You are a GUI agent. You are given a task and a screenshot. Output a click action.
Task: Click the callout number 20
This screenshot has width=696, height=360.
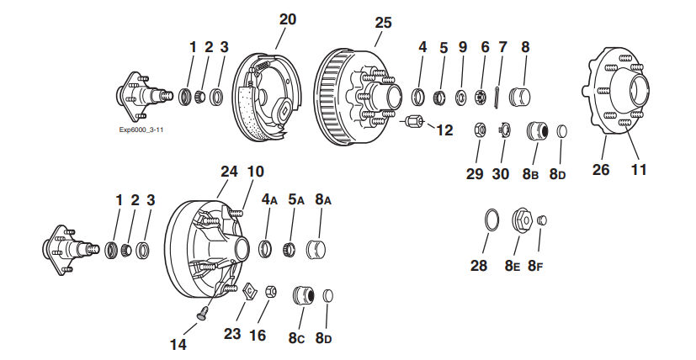pyautogui.click(x=288, y=19)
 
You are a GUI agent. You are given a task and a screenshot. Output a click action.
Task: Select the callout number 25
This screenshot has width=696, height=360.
pyautogui.click(x=383, y=23)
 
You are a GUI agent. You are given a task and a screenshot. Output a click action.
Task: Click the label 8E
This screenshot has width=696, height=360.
pyautogui.click(x=512, y=266)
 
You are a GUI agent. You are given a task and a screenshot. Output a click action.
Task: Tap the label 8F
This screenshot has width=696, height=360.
pyautogui.click(x=535, y=266)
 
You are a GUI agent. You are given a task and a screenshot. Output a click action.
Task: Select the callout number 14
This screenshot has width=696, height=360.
pyautogui.click(x=178, y=344)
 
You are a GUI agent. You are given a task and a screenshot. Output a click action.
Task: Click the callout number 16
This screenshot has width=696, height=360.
pyautogui.click(x=258, y=336)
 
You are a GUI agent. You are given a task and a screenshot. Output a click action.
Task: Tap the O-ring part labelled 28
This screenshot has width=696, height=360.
pyautogui.click(x=487, y=221)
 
